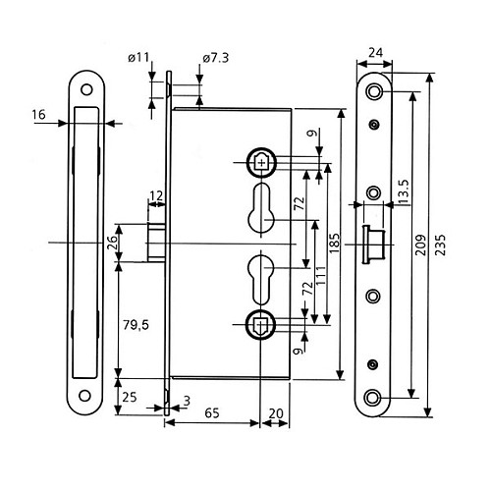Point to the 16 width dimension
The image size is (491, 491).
click(x=38, y=115)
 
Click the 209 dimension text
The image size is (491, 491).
click(x=418, y=245)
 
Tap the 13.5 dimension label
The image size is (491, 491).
click(x=403, y=189)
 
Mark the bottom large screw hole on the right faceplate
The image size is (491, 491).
click(x=374, y=398)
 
